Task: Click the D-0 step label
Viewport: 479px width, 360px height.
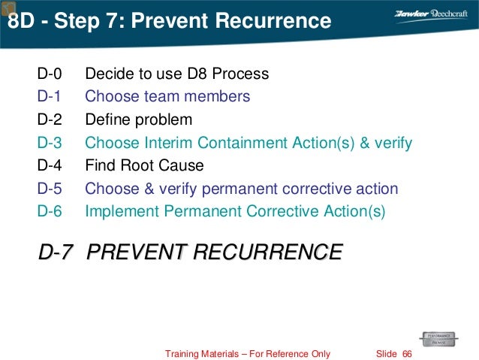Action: pos(49,74)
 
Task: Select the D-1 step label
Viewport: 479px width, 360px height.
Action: pos(49,97)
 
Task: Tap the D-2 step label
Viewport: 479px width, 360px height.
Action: pos(49,119)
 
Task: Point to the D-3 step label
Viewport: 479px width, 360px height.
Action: pos(49,143)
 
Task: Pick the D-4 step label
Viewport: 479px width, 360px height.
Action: pos(49,165)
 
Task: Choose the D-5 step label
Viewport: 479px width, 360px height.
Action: pos(49,189)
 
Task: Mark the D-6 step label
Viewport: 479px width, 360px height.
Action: pos(49,212)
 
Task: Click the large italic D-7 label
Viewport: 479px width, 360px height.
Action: pos(56,252)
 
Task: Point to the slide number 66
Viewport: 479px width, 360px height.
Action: pos(408,353)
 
